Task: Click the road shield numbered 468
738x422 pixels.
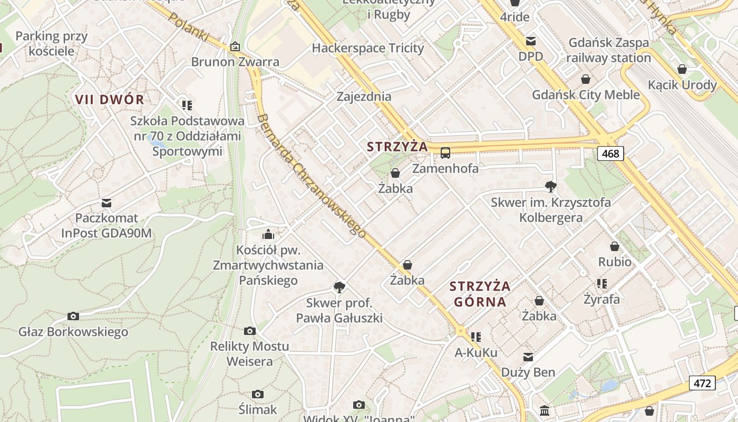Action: [610, 154]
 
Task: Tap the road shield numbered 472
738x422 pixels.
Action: [702, 383]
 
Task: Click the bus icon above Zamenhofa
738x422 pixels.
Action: [445, 153]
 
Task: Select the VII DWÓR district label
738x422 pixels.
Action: [110, 99]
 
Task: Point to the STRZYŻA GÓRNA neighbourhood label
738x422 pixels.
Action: [480, 294]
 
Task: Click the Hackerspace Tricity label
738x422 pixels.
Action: [368, 48]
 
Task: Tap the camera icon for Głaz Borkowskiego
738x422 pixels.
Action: [73, 316]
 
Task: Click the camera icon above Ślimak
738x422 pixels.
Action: [257, 395]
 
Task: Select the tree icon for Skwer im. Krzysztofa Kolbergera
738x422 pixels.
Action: [551, 186]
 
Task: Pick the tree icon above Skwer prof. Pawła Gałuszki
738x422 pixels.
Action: [339, 287]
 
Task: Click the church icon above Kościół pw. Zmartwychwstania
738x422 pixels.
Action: [268, 234]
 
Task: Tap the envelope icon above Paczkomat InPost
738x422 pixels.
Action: [106, 203]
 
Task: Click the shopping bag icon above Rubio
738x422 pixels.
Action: [615, 246]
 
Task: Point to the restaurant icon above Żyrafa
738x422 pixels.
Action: [601, 284]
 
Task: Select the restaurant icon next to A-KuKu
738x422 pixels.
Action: [476, 337]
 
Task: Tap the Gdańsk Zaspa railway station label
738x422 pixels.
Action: [609, 50]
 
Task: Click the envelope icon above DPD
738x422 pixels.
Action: [530, 41]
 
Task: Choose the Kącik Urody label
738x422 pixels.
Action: [682, 85]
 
